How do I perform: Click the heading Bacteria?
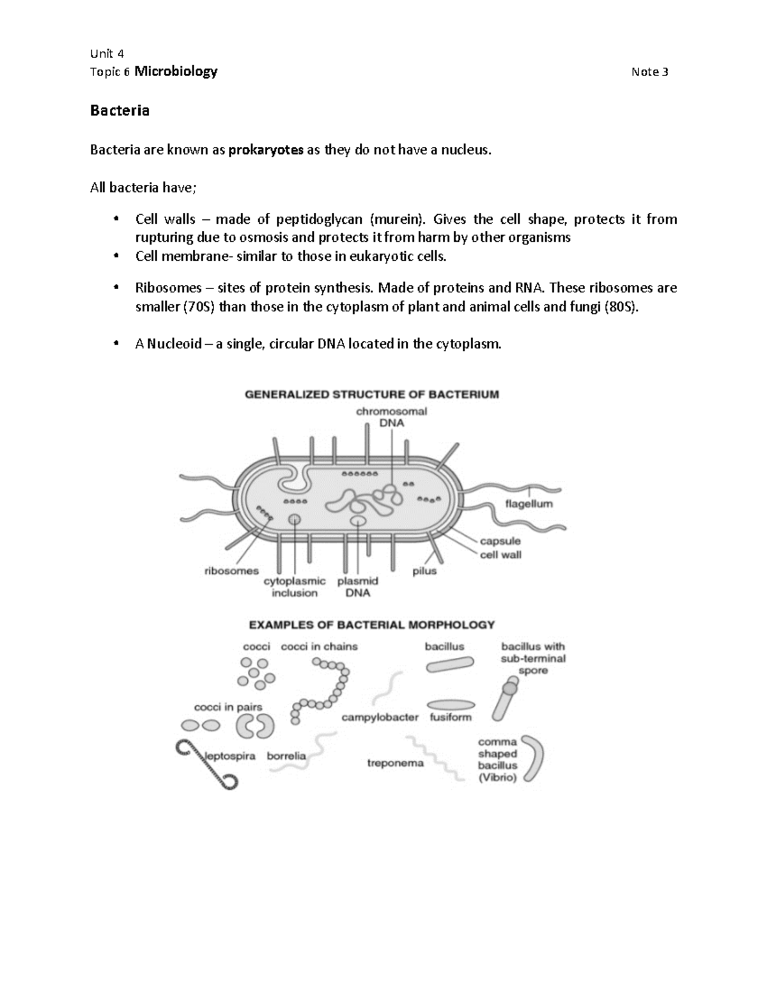point(120,111)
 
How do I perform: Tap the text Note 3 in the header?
point(649,72)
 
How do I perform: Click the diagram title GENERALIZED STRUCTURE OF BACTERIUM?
point(372,395)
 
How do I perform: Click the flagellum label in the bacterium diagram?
point(529,503)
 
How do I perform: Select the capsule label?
point(500,541)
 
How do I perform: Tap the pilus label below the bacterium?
point(424,571)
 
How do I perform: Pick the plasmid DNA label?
point(358,587)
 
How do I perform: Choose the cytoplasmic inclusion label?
point(295,587)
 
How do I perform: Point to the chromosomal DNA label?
point(391,417)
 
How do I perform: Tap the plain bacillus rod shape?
point(451,666)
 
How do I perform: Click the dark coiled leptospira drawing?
point(206,764)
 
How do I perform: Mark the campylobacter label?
point(380,717)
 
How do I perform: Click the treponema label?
point(395,763)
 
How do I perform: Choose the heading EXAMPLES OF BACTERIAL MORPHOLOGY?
point(371,625)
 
